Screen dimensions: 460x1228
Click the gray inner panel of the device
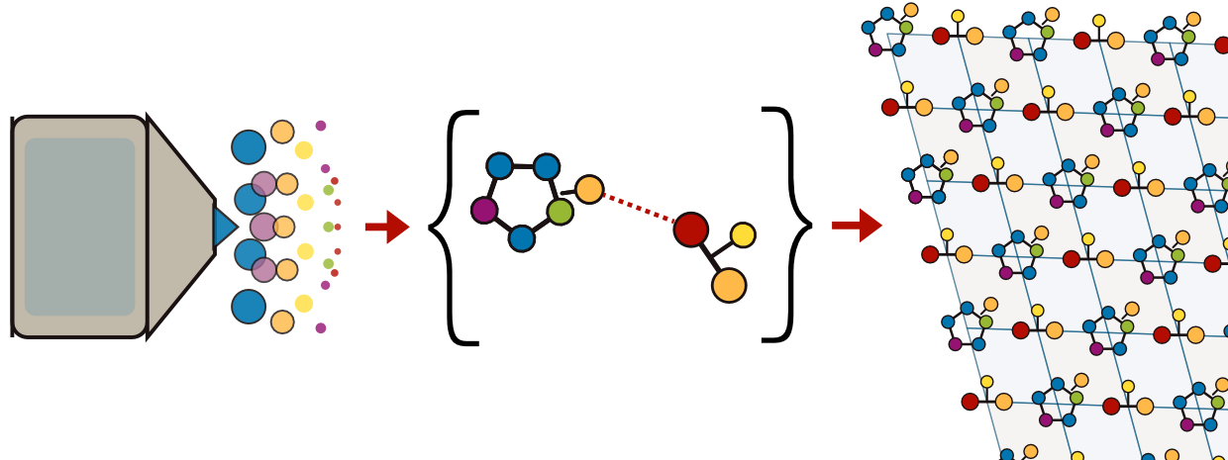pos(79,227)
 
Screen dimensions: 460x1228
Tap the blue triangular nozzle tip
pos(224,227)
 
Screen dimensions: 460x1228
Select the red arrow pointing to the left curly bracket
pos(387,227)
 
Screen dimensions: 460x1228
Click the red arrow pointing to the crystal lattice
pos(857,226)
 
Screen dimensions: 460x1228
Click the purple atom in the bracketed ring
pos(484,210)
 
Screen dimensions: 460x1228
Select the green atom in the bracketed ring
pos(560,212)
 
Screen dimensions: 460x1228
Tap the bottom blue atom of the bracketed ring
pos(522,238)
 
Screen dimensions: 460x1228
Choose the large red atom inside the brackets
pos(690,230)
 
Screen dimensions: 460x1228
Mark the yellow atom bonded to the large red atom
pos(743,235)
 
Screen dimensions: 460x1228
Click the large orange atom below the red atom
pos(729,285)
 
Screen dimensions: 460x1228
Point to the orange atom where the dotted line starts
pos(589,189)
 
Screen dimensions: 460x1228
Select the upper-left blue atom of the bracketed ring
pos(500,166)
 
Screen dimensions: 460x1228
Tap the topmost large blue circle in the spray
pos(249,147)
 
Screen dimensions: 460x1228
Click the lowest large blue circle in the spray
pos(249,307)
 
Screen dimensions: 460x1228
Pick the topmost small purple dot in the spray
pos(321,126)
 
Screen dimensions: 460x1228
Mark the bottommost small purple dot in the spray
pos(321,327)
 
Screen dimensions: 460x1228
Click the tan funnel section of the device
pos(178,227)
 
